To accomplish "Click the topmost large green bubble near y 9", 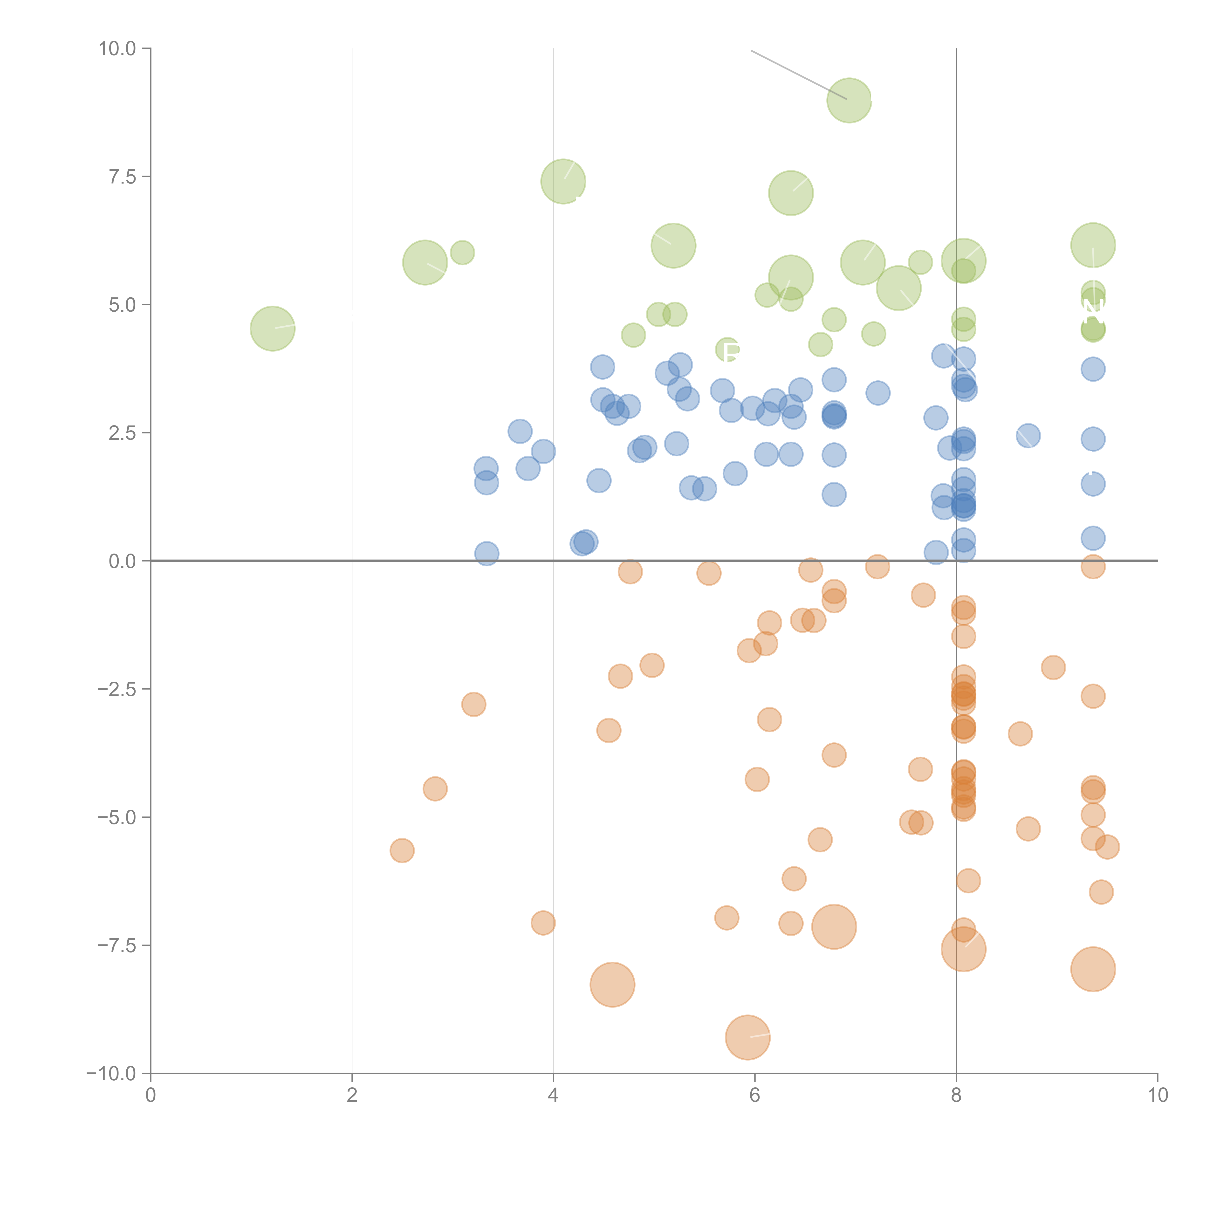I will [849, 101].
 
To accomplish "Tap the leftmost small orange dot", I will [402, 850].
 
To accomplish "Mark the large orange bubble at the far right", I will [1092, 969].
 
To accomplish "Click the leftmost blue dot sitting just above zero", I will [486, 553].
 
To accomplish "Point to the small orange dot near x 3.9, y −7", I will [543, 923].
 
